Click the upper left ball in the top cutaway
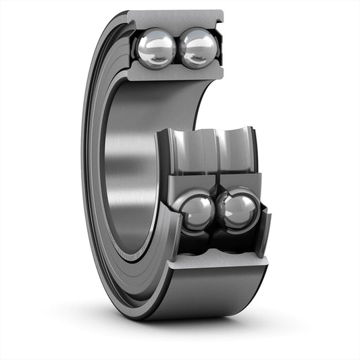point(156,49)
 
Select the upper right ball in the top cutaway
point(199,49)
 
